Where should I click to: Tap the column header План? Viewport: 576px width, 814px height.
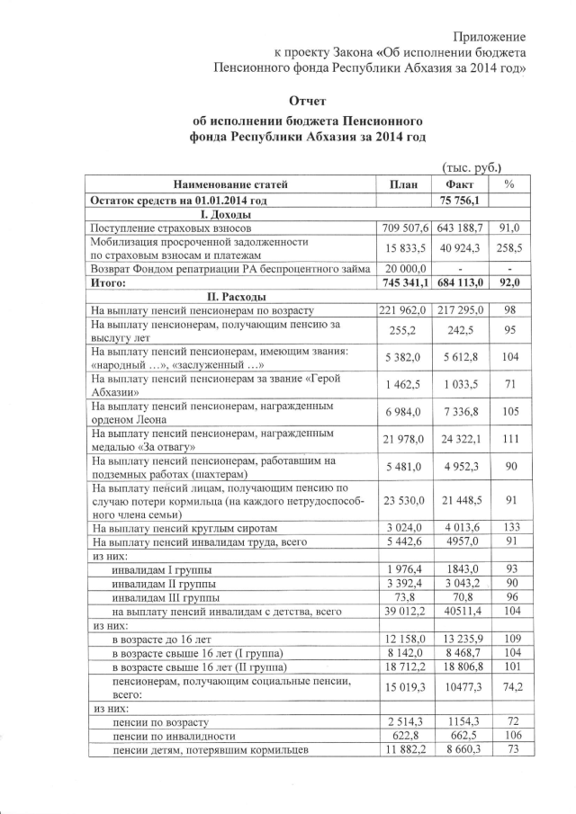(403, 184)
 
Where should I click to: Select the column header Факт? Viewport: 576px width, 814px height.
(460, 184)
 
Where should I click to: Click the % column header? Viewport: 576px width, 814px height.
(509, 184)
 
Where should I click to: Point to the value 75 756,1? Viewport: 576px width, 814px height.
(461, 201)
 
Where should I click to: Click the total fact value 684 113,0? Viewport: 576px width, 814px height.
(460, 282)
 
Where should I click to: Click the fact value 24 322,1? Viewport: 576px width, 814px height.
(460, 443)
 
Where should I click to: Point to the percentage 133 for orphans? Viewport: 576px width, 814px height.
(509, 528)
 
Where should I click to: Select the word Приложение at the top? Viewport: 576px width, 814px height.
(490, 36)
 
